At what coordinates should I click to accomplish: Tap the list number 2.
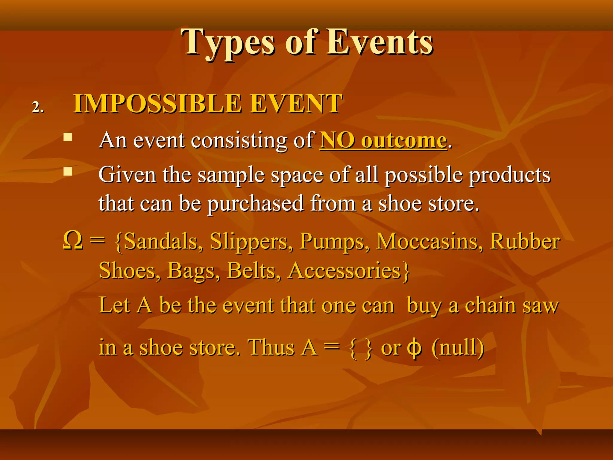[x=38, y=107]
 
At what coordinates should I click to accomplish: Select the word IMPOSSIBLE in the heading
[x=157, y=104]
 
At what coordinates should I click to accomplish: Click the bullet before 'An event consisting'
[x=68, y=137]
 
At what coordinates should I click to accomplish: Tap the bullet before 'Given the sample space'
[x=68, y=171]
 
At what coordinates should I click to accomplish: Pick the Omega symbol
[x=73, y=241]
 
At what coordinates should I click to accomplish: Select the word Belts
[x=254, y=271]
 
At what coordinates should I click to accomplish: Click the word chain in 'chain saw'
[x=491, y=306]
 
